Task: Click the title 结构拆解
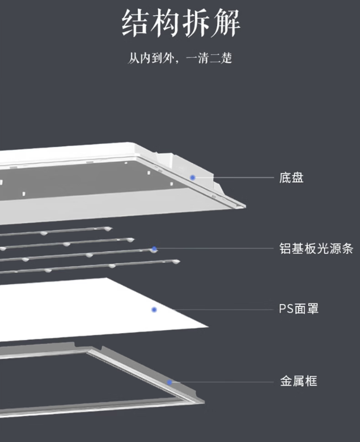pyautogui.click(x=181, y=23)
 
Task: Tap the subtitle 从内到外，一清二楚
pyautogui.click(x=180, y=58)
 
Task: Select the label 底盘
pyautogui.click(x=291, y=178)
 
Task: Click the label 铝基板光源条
pyautogui.click(x=316, y=249)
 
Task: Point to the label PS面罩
pyautogui.click(x=299, y=309)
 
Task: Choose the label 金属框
pyautogui.click(x=299, y=381)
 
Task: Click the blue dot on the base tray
pyautogui.click(x=193, y=177)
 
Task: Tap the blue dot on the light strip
pyautogui.click(x=154, y=249)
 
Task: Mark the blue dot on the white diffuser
pyautogui.click(x=154, y=310)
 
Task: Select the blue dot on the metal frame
pyautogui.click(x=170, y=382)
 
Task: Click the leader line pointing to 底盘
pyautogui.click(x=234, y=178)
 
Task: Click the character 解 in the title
pyautogui.click(x=226, y=23)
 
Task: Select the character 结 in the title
pyautogui.click(x=135, y=23)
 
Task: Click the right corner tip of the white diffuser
pyautogui.click(x=209, y=327)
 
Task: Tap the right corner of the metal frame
pyautogui.click(x=204, y=402)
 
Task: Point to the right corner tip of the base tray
pyautogui.click(x=245, y=207)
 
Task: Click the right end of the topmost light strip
pyautogui.click(x=111, y=228)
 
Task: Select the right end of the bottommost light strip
pyautogui.click(x=179, y=262)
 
